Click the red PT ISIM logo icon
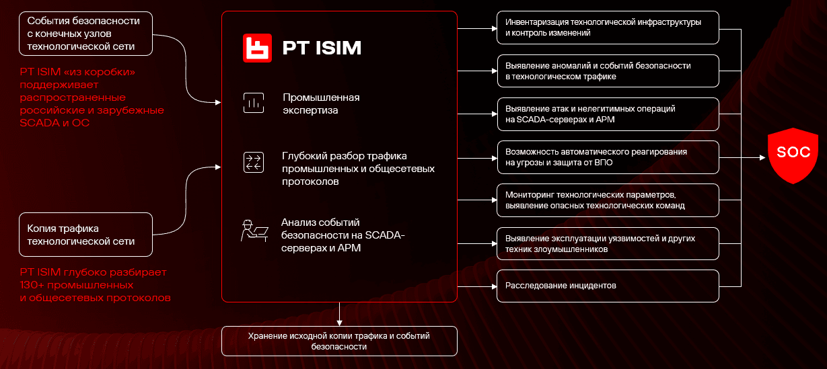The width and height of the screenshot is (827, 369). point(257,48)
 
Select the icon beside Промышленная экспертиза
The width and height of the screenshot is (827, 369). point(253,104)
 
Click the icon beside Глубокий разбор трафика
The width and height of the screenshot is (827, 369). point(253,162)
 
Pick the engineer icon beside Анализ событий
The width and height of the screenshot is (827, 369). point(254,231)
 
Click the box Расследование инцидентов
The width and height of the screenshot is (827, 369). point(608,286)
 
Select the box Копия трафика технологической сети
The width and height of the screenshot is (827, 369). point(85,235)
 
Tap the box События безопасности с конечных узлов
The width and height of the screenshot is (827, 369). point(85,34)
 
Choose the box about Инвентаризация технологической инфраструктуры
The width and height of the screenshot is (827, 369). point(608,28)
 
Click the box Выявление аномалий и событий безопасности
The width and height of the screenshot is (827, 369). point(608,71)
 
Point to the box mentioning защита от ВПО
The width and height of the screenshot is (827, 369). point(608,157)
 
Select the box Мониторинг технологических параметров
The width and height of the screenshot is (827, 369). point(608,200)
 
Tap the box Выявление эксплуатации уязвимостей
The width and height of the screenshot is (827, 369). point(608,243)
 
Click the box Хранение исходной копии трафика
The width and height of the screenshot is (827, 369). point(339,341)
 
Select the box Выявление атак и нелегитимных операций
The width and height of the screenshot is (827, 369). point(608,114)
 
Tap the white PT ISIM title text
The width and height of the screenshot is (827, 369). point(322,48)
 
